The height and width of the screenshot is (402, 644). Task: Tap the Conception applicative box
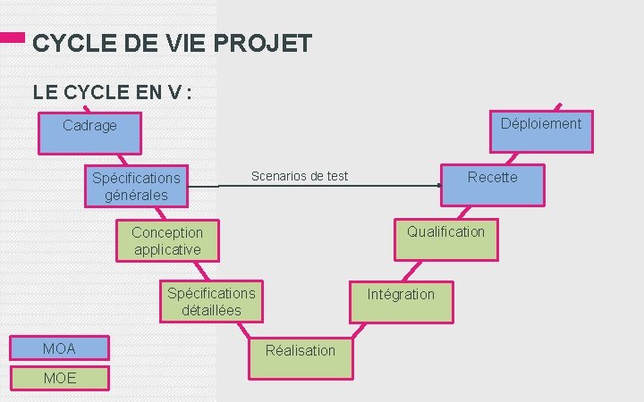(167, 240)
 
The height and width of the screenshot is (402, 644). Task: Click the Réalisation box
(301, 350)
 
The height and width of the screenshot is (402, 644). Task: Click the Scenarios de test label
(300, 176)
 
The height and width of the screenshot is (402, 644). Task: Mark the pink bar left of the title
(12, 39)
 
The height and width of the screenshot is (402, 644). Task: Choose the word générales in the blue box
(136, 195)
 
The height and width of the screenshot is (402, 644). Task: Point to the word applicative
(167, 249)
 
